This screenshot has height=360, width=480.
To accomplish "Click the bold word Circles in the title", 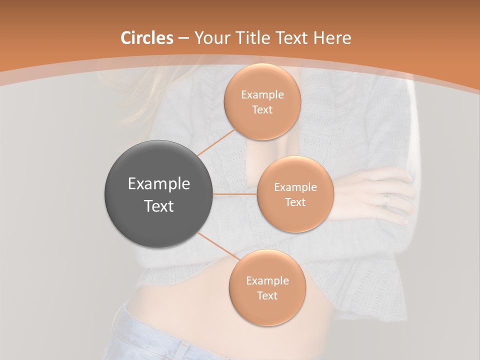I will pyautogui.click(x=147, y=38).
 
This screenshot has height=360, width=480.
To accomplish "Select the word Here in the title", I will pyautogui.click(x=332, y=38).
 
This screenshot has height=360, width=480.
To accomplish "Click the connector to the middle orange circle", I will pyautogui.click(x=235, y=194).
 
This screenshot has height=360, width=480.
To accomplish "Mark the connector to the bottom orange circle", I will pyautogui.click(x=217, y=247).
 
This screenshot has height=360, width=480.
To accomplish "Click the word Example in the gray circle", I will pyautogui.click(x=159, y=184).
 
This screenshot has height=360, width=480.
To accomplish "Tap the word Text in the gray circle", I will pyautogui.click(x=159, y=206).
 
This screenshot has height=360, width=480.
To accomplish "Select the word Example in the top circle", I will pyautogui.click(x=262, y=95).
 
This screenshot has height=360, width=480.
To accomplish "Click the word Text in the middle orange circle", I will pyautogui.click(x=295, y=202).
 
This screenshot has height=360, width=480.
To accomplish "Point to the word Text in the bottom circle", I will pyautogui.click(x=267, y=296).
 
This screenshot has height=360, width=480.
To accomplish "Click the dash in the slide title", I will pyautogui.click(x=183, y=38).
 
